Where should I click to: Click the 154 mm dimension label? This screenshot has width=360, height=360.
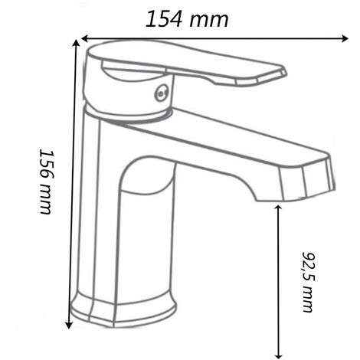pos(187,19)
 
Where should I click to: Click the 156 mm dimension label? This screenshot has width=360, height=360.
pos(47,182)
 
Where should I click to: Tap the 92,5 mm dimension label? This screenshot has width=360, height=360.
pos(308,282)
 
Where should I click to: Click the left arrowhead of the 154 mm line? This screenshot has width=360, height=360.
pos(85,38)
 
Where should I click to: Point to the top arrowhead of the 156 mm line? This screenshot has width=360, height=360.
pos(76,43)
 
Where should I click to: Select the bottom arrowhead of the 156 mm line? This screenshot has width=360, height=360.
pos(68,325)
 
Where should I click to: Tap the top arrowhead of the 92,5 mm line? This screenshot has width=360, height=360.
pos(278,208)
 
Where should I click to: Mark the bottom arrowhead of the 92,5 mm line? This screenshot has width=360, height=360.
pos(278,355)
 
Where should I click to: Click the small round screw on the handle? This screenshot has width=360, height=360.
pos(161,93)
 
